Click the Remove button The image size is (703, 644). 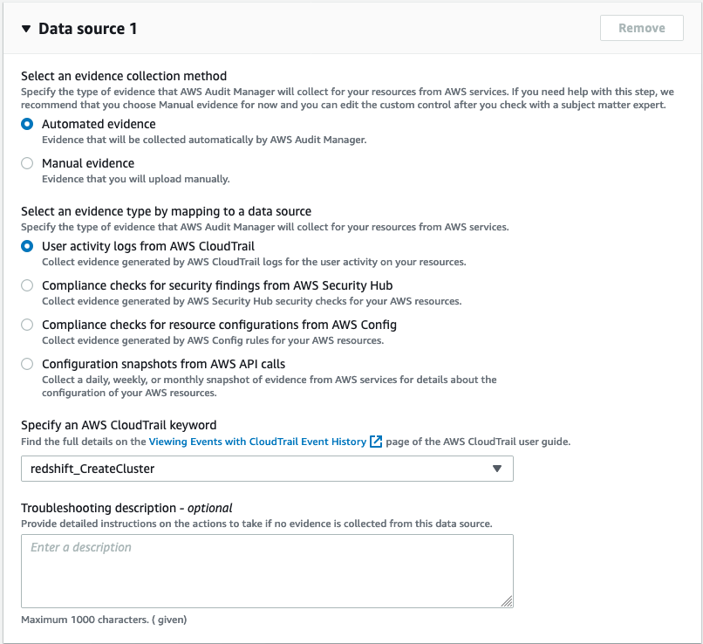(x=641, y=28)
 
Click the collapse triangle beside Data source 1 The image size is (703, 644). (x=26, y=29)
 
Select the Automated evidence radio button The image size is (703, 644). (x=27, y=124)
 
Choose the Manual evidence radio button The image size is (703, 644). (x=27, y=163)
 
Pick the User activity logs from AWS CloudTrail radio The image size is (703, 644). (x=27, y=246)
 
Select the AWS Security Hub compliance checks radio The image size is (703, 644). (x=27, y=285)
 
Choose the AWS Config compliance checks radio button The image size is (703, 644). (x=27, y=325)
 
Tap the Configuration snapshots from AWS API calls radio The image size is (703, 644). (x=27, y=364)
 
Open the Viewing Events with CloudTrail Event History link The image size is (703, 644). (x=257, y=442)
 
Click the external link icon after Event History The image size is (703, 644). (x=376, y=442)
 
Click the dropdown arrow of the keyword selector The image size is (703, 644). (x=496, y=469)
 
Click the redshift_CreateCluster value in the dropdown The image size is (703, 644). (x=93, y=469)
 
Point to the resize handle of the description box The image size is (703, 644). (x=507, y=600)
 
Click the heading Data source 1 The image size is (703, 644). (x=87, y=29)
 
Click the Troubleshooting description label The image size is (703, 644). (x=126, y=507)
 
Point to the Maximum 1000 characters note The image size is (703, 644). (x=104, y=620)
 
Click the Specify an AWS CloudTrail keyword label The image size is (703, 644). (x=119, y=425)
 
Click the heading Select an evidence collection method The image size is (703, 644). (x=124, y=76)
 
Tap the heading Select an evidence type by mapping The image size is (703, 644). (x=166, y=211)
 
